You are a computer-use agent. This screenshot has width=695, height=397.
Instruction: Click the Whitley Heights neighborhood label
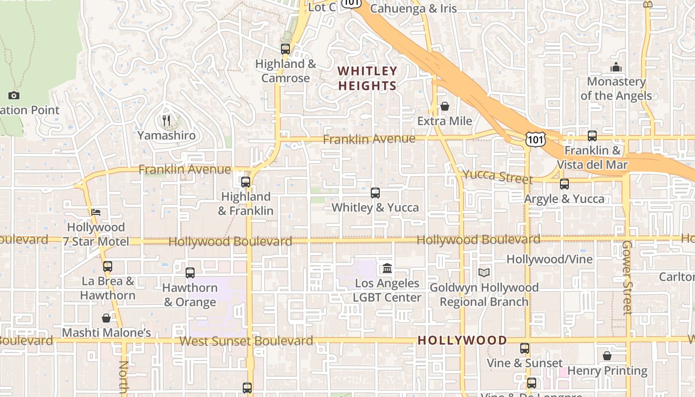pos(367,78)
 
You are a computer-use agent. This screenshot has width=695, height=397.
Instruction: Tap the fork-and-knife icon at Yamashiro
pos(167,121)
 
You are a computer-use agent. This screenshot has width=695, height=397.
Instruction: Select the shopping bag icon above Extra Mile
pos(445,107)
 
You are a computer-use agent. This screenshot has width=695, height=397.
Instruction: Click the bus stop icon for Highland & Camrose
pos(285,49)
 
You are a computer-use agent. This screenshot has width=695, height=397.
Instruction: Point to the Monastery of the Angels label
pos(616,88)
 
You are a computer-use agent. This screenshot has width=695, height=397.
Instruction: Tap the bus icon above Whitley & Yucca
pos(375,193)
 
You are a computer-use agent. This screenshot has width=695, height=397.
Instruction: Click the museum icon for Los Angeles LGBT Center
pos(387,268)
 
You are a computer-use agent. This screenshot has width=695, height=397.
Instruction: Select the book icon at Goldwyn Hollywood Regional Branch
pos(484,272)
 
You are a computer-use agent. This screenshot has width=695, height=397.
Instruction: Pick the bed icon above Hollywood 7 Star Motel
pos(96,212)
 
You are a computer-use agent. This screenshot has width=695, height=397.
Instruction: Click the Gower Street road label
pos(627,277)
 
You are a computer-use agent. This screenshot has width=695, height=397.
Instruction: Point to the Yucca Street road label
pos(497,176)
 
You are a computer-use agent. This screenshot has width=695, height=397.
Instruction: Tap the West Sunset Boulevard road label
pos(246,341)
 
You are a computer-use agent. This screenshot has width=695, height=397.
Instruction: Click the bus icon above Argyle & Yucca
pos(564,184)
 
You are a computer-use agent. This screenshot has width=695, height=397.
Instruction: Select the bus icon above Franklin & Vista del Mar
pos(592,135)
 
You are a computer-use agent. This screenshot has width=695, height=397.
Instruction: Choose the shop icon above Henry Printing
pos(607,356)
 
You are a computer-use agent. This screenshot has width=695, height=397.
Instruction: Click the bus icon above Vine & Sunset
pos(525,348)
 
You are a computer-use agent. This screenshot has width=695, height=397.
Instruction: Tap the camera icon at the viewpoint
pos(14,95)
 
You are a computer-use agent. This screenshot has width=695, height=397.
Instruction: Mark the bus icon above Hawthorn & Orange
pos(190,272)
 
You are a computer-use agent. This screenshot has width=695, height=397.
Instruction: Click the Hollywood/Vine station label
pos(549,260)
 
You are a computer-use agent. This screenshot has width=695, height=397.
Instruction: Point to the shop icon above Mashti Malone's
pos(106,318)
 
